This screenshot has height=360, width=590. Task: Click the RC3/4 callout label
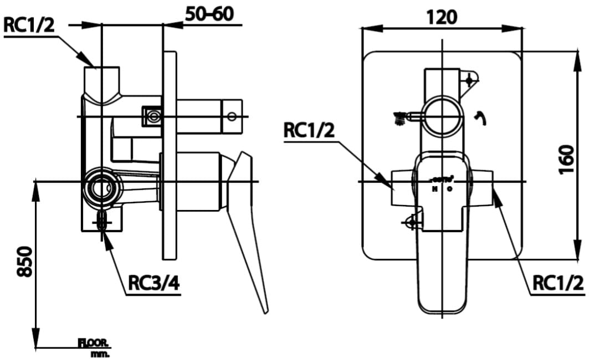[x=153, y=284]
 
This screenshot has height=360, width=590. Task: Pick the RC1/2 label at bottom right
[x=558, y=284]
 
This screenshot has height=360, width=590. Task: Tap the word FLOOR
[x=94, y=343]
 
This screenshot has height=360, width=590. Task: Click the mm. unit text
[x=100, y=353]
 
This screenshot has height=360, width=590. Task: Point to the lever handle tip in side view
[x=265, y=308]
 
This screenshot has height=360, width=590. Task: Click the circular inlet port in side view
[x=101, y=183]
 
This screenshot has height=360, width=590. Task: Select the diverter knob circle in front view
[x=442, y=116]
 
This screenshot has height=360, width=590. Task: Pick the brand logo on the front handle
[x=442, y=179]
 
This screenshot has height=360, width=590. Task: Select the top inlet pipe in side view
[x=101, y=83]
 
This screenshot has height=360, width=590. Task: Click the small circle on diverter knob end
[x=232, y=116]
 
